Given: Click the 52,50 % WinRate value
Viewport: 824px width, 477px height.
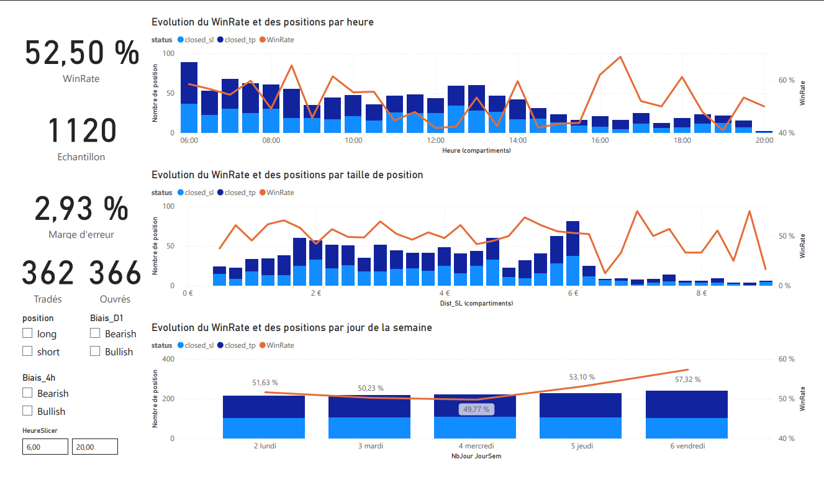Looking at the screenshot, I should coord(81,52).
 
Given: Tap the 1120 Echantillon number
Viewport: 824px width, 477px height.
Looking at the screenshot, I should coord(81,131).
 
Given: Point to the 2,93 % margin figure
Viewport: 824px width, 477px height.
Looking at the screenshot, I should coord(81,209).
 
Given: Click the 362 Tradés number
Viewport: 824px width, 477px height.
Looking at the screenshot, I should coord(48,274).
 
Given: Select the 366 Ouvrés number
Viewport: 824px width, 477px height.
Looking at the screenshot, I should coord(115,274).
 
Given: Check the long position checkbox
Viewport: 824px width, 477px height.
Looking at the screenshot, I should coord(27,334).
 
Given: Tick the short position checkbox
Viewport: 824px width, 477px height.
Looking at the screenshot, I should coord(27,352).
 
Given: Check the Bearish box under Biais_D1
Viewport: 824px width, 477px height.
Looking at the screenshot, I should coord(95,334).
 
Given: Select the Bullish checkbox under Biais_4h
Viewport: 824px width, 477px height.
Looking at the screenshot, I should coord(27,411).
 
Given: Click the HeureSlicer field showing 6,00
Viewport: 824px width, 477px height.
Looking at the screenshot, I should coord(45,447).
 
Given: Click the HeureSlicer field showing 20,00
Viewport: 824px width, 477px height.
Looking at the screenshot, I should coord(94,447).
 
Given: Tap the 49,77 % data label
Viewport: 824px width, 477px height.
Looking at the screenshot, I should coord(476,409).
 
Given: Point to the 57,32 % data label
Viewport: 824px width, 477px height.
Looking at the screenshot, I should coord(688,379).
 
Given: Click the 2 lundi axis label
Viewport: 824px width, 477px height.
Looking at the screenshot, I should coord(265,446).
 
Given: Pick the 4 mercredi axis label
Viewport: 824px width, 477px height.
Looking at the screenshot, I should coord(476,446).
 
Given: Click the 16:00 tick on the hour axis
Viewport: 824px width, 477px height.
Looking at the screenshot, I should coord(600,140).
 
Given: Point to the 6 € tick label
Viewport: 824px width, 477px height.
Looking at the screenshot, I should coord(573,293).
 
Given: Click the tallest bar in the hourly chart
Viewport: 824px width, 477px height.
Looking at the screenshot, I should coord(189,98).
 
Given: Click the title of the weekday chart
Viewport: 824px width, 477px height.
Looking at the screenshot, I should coord(292,327).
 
